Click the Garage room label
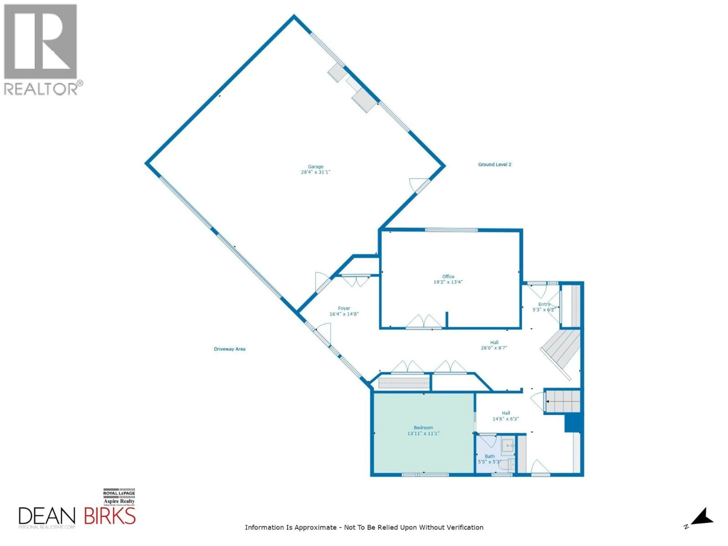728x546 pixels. tap(315, 166)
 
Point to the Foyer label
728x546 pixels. tap(344, 308)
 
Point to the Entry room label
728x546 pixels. tap(544, 304)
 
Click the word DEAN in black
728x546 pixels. tap(47, 516)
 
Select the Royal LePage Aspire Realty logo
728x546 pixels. tap(119, 497)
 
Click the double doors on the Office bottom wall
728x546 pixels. tap(424, 322)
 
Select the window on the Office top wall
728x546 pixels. tap(451, 230)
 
